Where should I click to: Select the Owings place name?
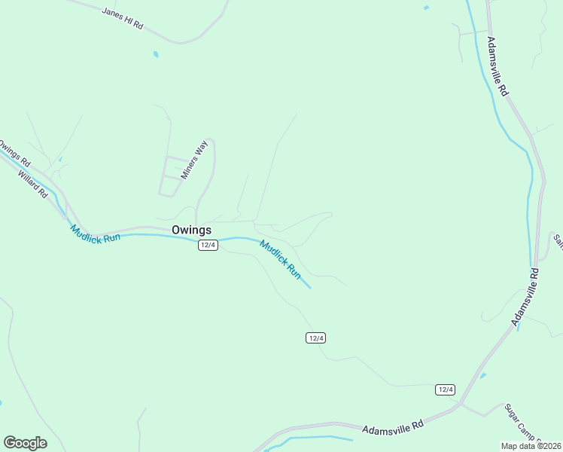point(191,230)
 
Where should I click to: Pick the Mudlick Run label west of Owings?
point(95,234)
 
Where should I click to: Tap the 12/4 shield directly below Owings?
point(208,246)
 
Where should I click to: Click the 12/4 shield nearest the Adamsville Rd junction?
point(445,389)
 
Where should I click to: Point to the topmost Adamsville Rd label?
point(498,66)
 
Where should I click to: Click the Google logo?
point(25,442)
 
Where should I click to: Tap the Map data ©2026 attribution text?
point(531,446)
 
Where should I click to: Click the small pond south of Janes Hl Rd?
point(156,54)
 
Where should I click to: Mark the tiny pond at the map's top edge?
point(426,8)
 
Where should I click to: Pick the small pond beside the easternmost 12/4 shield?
point(482,375)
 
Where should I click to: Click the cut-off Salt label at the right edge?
point(558,240)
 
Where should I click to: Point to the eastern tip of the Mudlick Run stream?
point(309,287)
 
